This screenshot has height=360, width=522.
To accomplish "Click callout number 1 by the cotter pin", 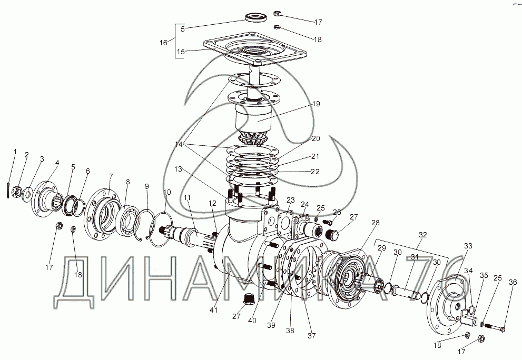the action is pos(15,152).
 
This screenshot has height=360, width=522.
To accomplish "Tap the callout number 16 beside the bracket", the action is pos(163,42).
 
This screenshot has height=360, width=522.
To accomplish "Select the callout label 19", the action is pos(316,104).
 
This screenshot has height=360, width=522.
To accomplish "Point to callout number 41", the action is pos(213,310).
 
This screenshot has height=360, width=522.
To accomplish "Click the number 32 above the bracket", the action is pos(422,235).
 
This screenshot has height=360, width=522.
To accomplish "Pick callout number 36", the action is pos(513,282).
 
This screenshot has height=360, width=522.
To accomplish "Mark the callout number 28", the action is pos(375,223).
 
